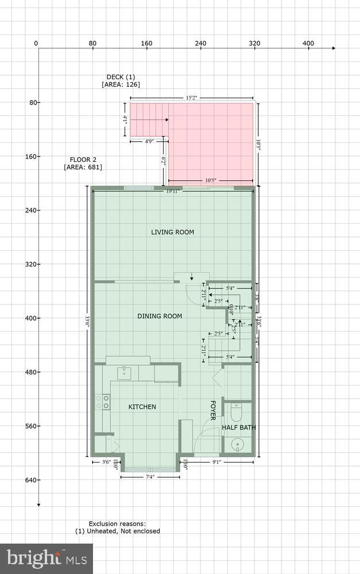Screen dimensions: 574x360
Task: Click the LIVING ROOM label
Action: [172, 232]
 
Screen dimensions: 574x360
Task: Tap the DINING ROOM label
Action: [160, 316]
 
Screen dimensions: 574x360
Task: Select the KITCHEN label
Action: [142, 407]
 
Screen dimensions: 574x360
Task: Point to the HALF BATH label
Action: [239, 428]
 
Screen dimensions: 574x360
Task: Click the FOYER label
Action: [212, 410]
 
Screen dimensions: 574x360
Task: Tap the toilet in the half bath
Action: [236, 413]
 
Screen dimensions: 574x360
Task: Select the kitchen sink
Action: [126, 373]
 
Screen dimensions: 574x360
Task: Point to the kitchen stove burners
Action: [103, 402]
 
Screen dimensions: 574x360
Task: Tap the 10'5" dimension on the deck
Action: [211, 181]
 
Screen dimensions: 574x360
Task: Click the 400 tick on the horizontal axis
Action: [308, 44]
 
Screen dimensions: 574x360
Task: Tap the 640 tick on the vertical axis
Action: [29, 480]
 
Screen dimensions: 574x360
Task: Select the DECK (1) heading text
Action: [121, 77]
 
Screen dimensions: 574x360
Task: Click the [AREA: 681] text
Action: [83, 167]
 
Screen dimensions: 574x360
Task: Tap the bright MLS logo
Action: [47, 558]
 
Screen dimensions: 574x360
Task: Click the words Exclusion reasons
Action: [117, 523]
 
